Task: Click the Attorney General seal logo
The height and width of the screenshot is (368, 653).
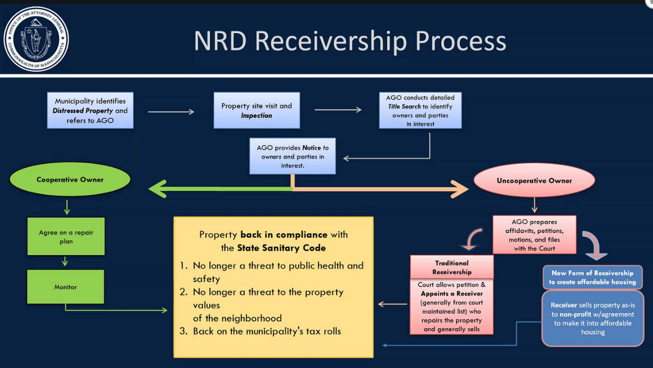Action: [36, 39]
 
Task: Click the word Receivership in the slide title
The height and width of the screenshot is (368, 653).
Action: [331, 41]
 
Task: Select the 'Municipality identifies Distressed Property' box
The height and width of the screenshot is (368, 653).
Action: [90, 111]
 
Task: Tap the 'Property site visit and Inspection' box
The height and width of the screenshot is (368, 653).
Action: [257, 111]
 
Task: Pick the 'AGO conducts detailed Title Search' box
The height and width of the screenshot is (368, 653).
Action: [420, 111]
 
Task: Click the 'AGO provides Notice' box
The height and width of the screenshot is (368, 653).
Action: [292, 156]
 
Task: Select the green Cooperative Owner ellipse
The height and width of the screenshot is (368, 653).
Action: [70, 179]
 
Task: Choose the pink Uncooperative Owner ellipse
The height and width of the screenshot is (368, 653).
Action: [534, 180]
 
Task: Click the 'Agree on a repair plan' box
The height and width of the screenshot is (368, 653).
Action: [66, 236]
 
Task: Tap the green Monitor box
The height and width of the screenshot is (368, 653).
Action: [65, 287]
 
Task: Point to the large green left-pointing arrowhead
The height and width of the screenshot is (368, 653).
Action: [158, 189]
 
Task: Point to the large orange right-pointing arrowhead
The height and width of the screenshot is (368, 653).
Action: [459, 189]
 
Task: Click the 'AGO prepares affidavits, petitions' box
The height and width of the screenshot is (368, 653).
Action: [534, 234]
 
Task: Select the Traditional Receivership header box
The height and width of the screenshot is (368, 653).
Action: [452, 267]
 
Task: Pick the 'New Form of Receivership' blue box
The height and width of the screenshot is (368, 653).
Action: [592, 277]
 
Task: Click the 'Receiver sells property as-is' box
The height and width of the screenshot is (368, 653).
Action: [592, 318]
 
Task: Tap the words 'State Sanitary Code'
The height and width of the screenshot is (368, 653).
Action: [281, 248]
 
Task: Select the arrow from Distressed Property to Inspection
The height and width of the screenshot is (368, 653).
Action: [171, 112]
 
